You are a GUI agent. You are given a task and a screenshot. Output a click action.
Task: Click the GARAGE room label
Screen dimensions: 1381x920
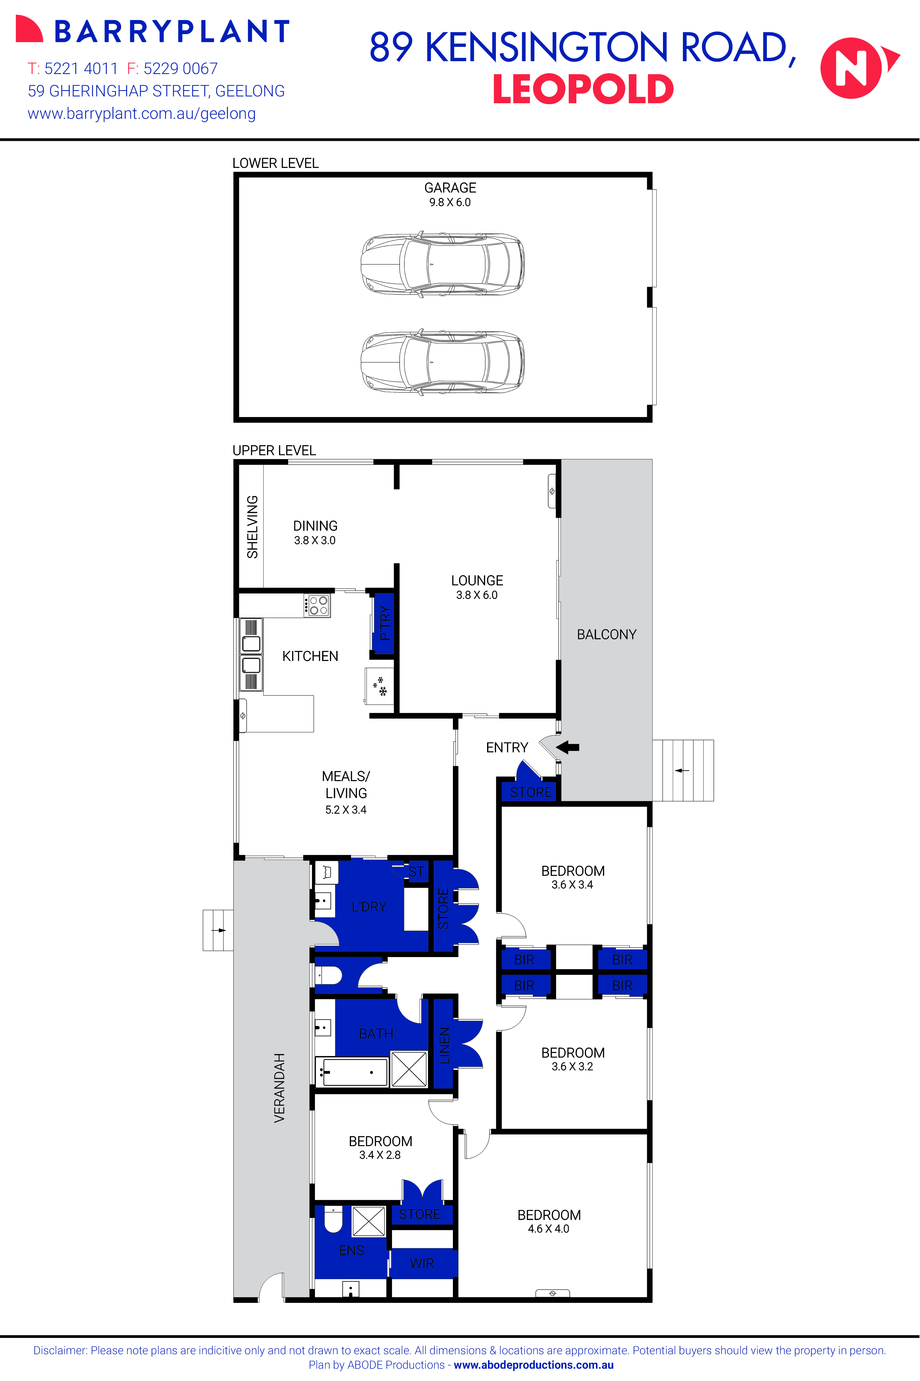[450, 188]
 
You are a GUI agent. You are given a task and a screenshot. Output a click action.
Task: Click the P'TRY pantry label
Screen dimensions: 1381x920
[384, 623]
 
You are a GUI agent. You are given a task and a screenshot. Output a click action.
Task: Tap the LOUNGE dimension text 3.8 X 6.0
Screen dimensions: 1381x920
[476, 595]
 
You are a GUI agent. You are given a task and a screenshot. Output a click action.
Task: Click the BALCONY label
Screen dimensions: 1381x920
[606, 634]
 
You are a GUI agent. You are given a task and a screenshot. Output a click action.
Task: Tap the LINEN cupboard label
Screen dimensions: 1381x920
[444, 1045]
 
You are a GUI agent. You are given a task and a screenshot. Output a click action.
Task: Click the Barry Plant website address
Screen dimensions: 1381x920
[141, 114]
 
